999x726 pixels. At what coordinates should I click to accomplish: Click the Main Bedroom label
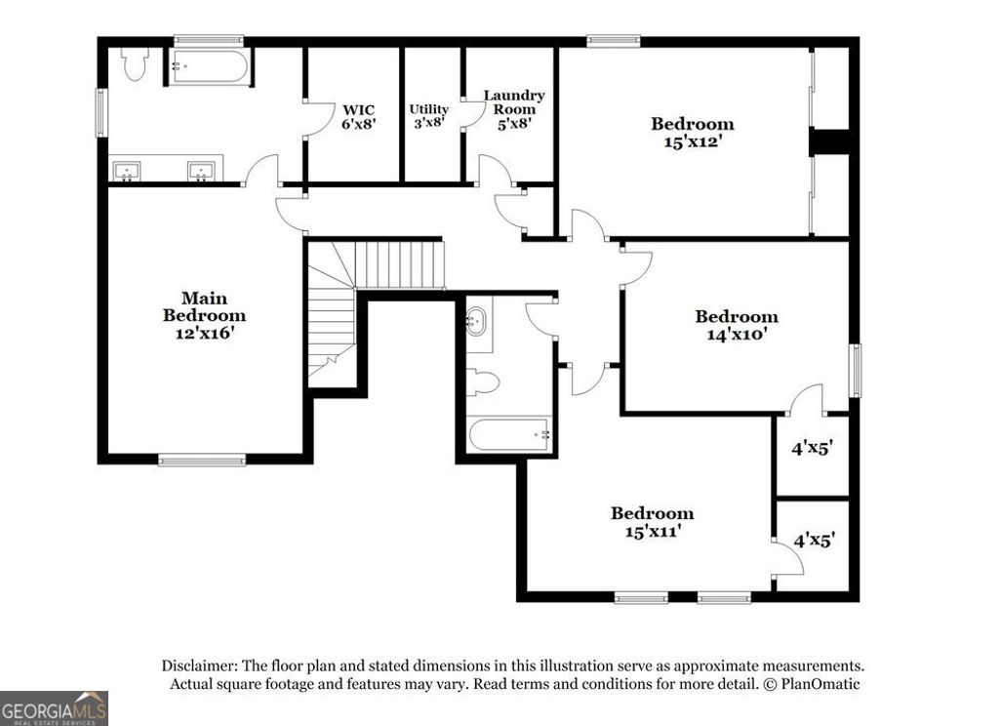(x=204, y=314)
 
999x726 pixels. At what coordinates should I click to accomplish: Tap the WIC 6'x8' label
(x=358, y=116)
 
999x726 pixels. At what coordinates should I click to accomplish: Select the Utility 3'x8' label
(x=428, y=116)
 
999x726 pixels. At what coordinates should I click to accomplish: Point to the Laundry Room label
(x=514, y=109)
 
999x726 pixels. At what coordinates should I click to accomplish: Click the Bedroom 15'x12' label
(x=693, y=132)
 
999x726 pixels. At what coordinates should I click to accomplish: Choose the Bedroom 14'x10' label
(x=736, y=324)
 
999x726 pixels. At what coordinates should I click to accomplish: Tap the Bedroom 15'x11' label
(x=652, y=521)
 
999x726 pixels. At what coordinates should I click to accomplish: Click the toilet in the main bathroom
(x=134, y=63)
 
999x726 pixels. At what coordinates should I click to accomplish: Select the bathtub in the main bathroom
(x=207, y=66)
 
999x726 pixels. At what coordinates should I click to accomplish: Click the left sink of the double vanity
(x=127, y=172)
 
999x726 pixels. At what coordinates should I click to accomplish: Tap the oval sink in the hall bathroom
(x=476, y=319)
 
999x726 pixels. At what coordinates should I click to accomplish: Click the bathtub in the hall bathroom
(x=509, y=434)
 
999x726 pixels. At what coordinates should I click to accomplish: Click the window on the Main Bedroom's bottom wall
(x=202, y=460)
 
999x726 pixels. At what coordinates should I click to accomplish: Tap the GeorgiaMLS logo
(x=54, y=707)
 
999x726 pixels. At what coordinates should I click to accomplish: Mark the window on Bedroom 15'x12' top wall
(x=614, y=41)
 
